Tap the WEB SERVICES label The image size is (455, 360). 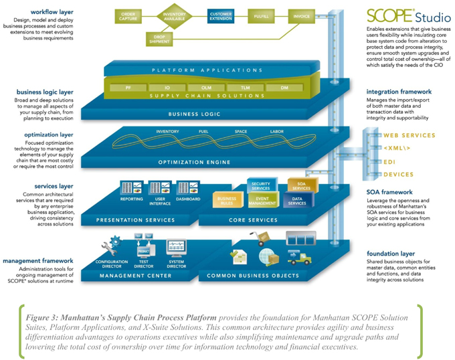pyautogui.click(x=410, y=135)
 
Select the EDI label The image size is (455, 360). pyautogui.click(x=389, y=161)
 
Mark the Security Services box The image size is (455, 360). pyautogui.click(x=260, y=185)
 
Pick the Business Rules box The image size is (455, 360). pyautogui.click(x=227, y=199)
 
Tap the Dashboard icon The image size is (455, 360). pyautogui.click(x=188, y=189)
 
